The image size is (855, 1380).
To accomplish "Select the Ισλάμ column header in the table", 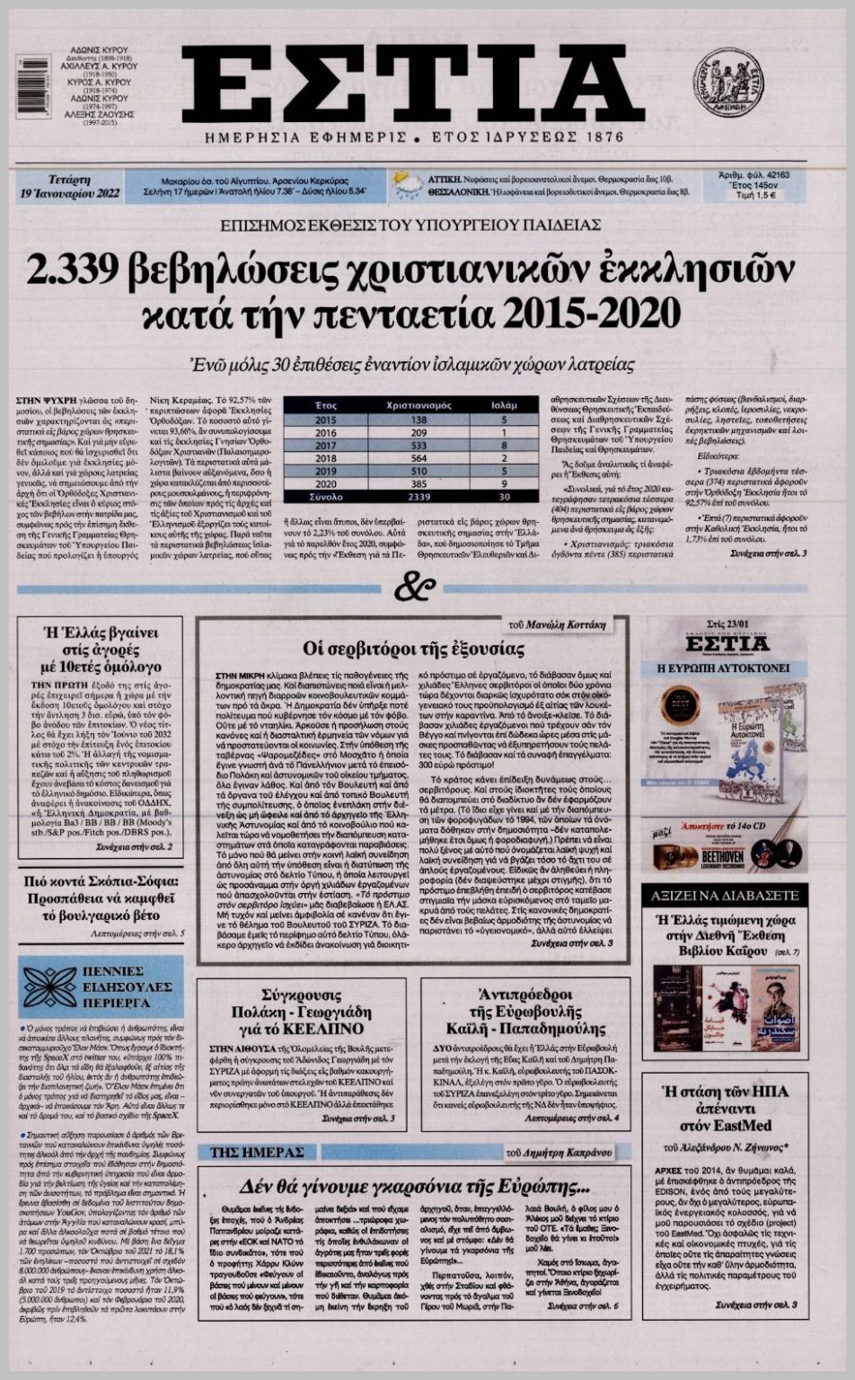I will point(504,406).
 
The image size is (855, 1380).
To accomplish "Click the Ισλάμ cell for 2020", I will point(504,483).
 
